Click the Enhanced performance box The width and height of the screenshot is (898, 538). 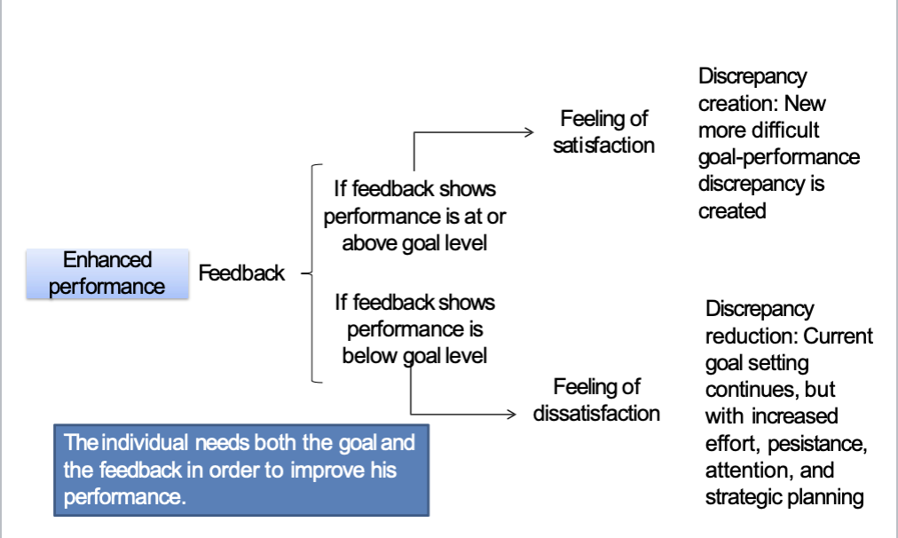click(x=107, y=273)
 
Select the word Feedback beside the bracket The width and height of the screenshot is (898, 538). click(x=241, y=273)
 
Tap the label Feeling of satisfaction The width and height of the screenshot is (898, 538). click(x=603, y=132)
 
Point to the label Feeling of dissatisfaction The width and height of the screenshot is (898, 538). click(x=596, y=400)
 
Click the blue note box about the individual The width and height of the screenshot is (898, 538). click(x=240, y=471)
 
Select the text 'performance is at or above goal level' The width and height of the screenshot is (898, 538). click(x=414, y=229)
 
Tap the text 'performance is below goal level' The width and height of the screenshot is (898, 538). click(x=414, y=343)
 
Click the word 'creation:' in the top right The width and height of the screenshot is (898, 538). click(x=742, y=104)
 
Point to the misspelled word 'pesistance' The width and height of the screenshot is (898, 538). click(x=823, y=443)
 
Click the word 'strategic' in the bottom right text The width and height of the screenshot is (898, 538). click(x=743, y=497)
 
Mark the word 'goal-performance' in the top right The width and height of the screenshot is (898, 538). click(x=778, y=158)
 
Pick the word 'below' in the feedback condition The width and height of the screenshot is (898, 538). click(x=373, y=356)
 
